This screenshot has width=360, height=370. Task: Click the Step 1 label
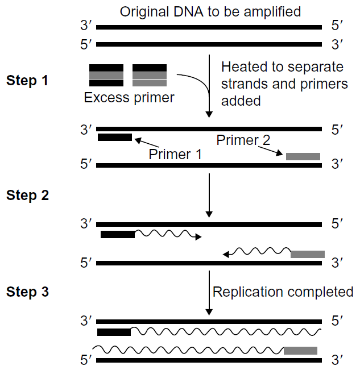[27, 81]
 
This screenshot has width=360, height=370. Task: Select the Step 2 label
[27, 196]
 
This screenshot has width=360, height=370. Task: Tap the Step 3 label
[27, 293]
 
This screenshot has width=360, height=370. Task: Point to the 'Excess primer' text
[129, 98]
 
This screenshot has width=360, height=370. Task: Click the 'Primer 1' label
[175, 154]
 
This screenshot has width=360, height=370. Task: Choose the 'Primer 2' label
[243, 140]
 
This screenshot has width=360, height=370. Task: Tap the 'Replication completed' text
[283, 292]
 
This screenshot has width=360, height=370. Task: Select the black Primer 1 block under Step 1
[115, 137]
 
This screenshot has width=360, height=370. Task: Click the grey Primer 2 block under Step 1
[303, 156]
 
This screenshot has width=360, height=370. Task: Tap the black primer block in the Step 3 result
[114, 332]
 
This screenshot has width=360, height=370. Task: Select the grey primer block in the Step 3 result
[300, 350]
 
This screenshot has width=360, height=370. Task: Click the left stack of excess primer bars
[106, 76]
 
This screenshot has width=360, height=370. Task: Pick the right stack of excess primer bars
[150, 76]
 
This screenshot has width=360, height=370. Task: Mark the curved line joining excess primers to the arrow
[197, 85]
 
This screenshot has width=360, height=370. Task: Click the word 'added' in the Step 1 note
[241, 101]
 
